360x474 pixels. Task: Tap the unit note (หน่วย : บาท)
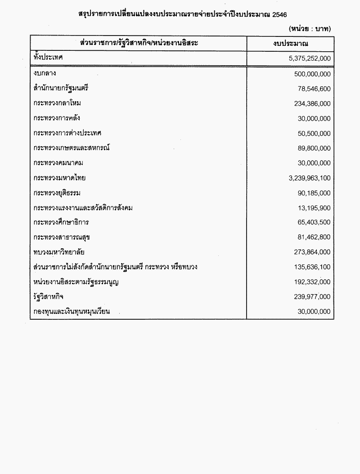[x=310, y=28]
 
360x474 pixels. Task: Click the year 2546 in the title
[x=279, y=14]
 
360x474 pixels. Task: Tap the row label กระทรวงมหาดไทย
[x=59, y=178]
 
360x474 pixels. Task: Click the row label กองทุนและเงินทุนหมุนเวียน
[x=72, y=311]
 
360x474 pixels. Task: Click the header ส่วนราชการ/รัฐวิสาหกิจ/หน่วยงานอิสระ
[x=139, y=43]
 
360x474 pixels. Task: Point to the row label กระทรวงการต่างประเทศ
[x=67, y=134]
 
